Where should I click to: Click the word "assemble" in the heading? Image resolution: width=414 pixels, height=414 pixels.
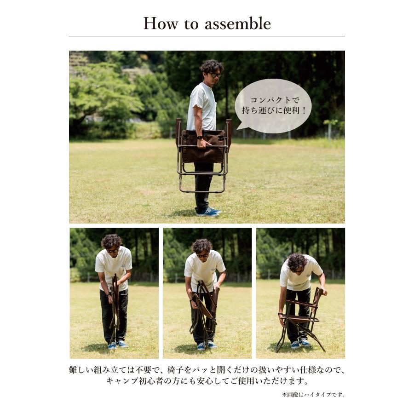(237, 23)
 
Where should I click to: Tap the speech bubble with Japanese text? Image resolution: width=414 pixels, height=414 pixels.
(273, 106)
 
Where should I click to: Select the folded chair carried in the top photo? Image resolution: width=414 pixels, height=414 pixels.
(202, 152)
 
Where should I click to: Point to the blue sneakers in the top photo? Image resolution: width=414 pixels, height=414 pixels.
(208, 212)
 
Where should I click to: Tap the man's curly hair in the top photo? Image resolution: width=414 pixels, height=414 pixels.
(211, 66)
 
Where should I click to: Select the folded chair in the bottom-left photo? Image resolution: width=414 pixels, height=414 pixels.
(115, 306)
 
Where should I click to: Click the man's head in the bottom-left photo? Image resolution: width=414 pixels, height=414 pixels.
(111, 243)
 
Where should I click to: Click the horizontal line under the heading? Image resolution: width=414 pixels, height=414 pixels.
(207, 36)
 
